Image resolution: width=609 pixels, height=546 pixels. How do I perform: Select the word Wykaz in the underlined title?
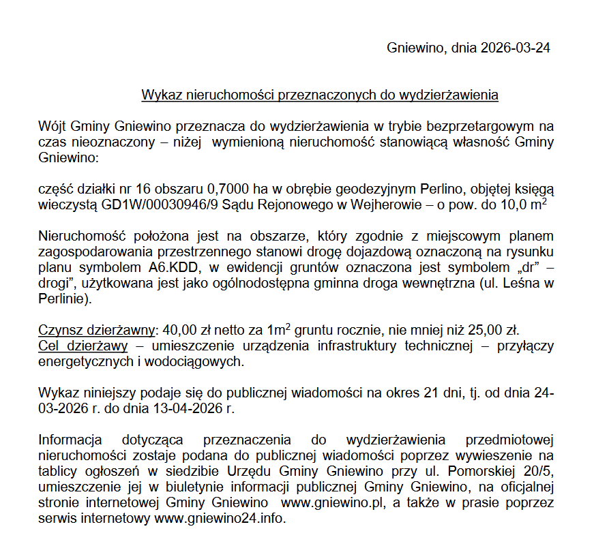pyautogui.click(x=158, y=95)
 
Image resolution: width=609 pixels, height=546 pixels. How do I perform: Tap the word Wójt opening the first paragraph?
pyautogui.click(x=53, y=127)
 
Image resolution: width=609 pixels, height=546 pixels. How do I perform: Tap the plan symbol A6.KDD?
pyautogui.click(x=177, y=267)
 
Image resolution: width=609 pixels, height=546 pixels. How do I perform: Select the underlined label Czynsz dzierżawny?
pyautogui.click(x=96, y=330)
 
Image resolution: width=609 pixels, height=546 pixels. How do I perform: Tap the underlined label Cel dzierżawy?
pyautogui.click(x=83, y=346)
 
